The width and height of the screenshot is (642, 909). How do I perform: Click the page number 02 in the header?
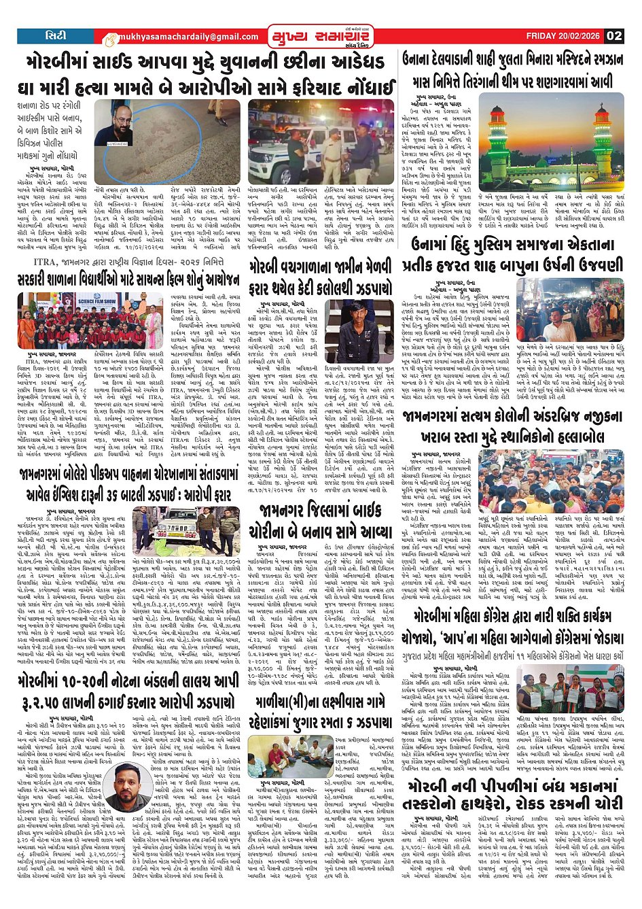[613, 35]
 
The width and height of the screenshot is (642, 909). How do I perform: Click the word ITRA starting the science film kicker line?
[37, 261]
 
